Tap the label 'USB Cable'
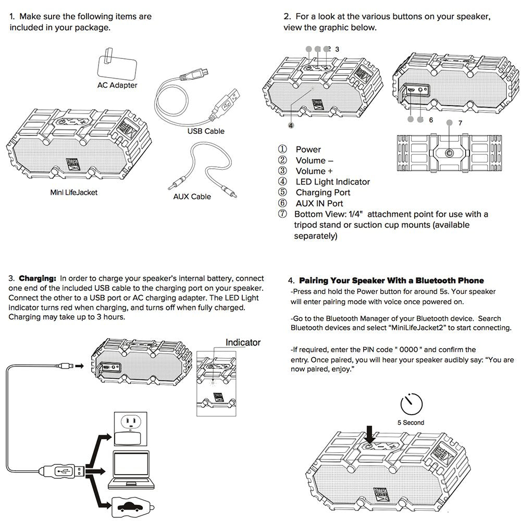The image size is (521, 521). point(206,131)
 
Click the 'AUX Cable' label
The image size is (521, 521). point(192,196)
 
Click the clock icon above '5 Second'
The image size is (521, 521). point(411,405)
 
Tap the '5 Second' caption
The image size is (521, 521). point(411,423)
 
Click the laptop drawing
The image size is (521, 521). point(132,470)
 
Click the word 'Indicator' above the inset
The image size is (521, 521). point(243,342)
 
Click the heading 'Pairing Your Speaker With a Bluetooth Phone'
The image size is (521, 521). point(391,281)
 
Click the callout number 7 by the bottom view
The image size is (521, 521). point(460,123)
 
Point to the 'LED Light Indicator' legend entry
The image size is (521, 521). point(332,182)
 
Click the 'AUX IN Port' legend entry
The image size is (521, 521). point(319,203)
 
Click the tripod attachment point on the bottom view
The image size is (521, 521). point(449,153)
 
